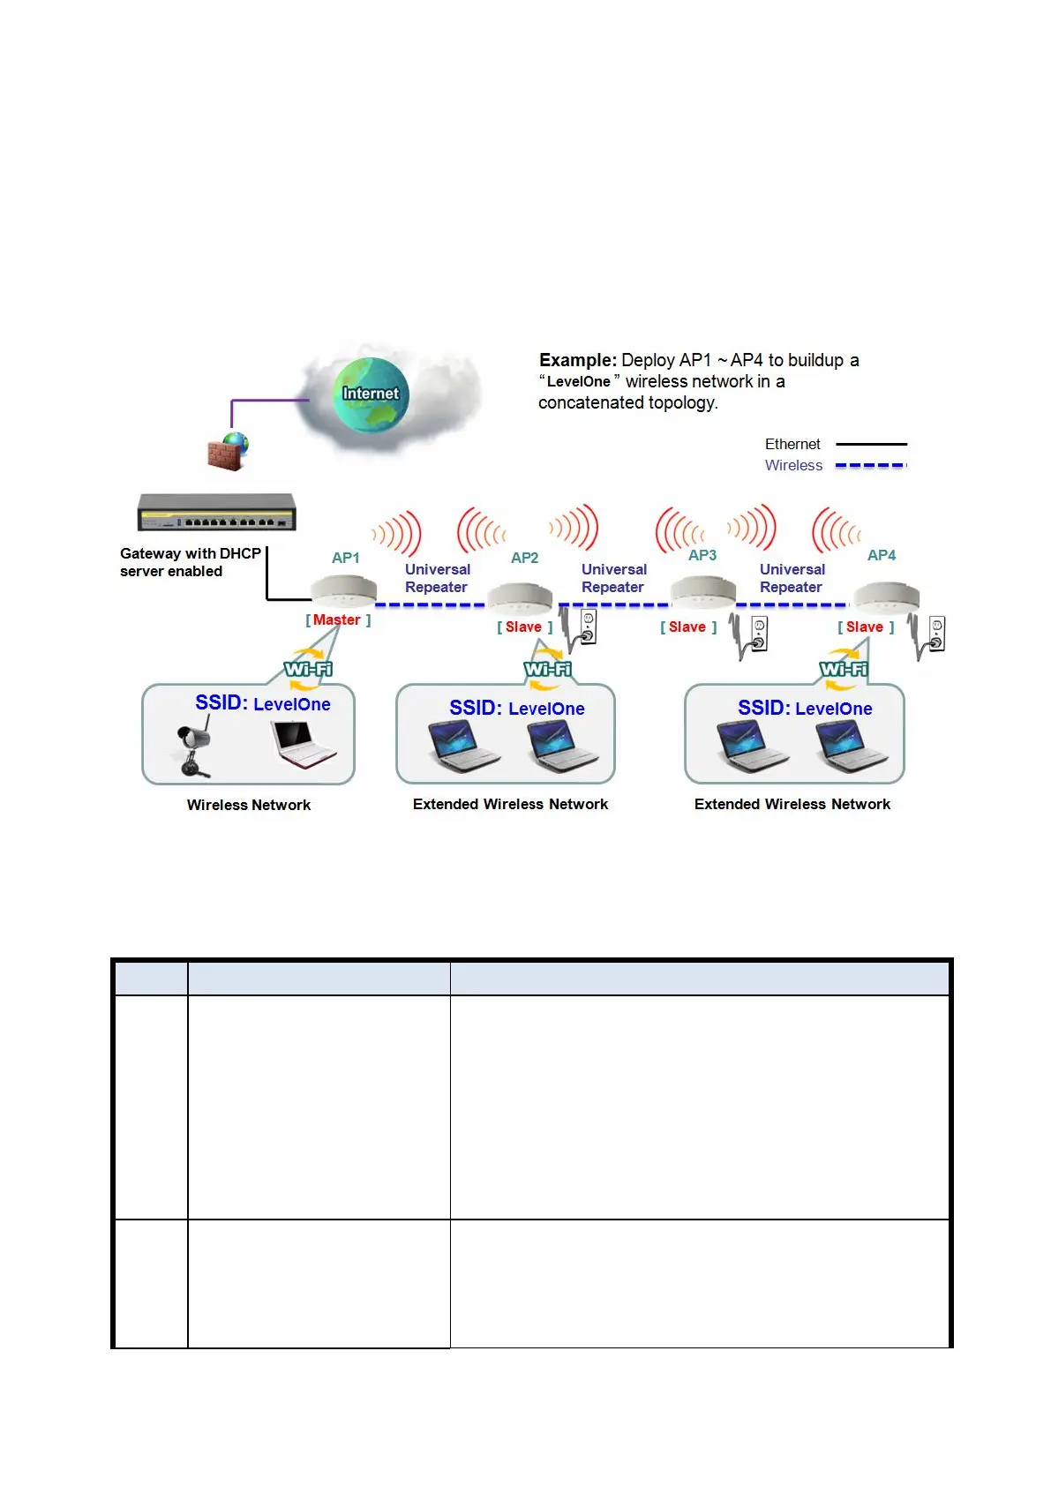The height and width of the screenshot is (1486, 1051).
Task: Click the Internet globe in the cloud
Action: (371, 394)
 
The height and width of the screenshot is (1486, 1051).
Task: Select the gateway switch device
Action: (216, 512)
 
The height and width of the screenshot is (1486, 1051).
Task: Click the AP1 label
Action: (345, 558)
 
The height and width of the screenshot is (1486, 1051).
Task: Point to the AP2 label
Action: (524, 558)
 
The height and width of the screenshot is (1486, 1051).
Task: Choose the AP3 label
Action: (702, 555)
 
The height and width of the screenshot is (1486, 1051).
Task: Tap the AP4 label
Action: (881, 555)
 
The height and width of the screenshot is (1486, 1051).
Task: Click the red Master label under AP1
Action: (337, 619)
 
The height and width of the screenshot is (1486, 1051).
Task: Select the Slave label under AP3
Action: (687, 627)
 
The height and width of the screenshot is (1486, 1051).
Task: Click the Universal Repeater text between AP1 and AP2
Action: (437, 578)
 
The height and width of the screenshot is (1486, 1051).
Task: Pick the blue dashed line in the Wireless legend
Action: (870, 465)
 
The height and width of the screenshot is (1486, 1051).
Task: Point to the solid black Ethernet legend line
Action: (870, 444)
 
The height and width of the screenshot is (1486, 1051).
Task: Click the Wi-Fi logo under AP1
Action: (308, 669)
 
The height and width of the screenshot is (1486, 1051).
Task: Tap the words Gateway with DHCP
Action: (191, 553)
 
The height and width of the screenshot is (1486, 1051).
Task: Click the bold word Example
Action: (577, 360)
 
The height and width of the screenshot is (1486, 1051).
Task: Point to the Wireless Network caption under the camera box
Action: (249, 805)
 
